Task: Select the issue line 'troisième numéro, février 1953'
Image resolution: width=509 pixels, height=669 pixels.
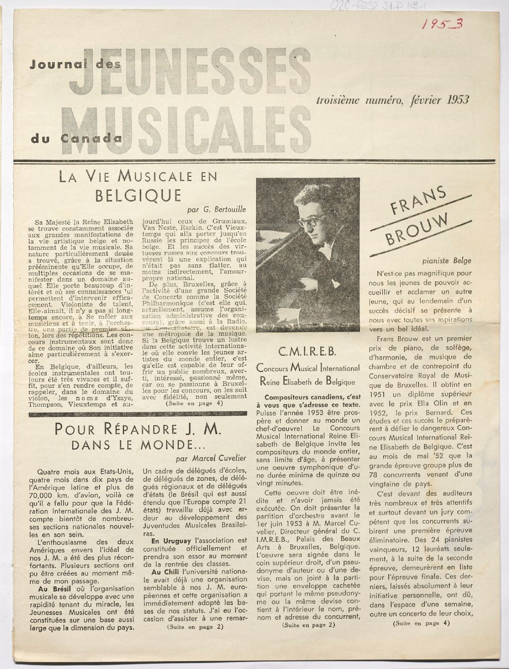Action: [x=393, y=99]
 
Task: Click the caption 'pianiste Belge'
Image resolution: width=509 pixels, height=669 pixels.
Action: [x=446, y=260]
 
